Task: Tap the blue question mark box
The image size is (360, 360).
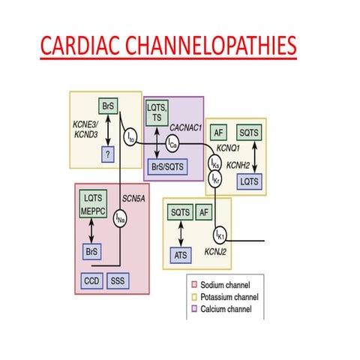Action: [110, 153]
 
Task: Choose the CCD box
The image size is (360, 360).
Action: [91, 280]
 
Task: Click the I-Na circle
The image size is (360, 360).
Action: [121, 218]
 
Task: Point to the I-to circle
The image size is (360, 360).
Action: [130, 136]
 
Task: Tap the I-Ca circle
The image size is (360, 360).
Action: [172, 141]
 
